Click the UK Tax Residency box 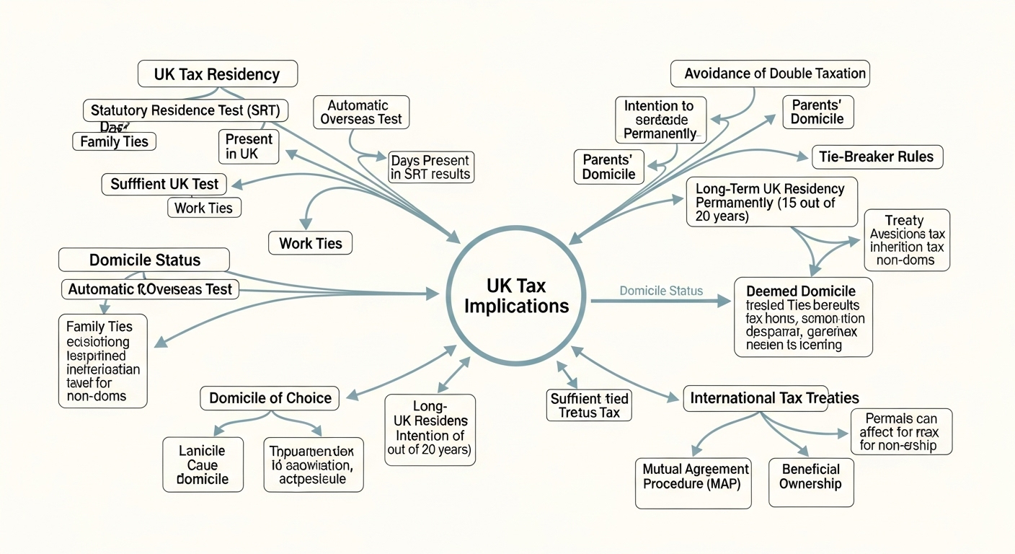pos(217,74)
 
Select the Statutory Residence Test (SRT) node pos(185,111)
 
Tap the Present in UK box pos(249,146)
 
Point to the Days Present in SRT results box pos(430,167)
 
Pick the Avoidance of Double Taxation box pos(770,74)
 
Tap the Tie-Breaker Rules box pos(877,157)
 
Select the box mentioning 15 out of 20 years pos(771,202)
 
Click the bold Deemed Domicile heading pos(800,291)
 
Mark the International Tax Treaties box pos(774,397)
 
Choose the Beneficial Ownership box pos(810,476)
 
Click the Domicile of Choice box pos(270,397)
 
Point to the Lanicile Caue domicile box pos(203,465)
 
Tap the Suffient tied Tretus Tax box pos(589,405)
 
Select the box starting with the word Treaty pos(907,240)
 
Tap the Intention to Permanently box pos(660,120)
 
